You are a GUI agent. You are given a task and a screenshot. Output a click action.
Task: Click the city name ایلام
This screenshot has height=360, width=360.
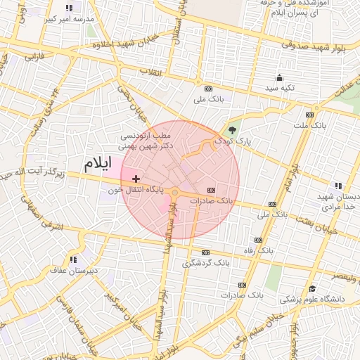pyautogui.click(x=97, y=164)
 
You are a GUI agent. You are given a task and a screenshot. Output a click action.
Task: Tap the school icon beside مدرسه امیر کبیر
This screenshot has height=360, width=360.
pyautogui.click(x=69, y=8)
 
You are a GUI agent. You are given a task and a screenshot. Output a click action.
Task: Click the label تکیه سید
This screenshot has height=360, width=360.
pyautogui.click(x=279, y=88)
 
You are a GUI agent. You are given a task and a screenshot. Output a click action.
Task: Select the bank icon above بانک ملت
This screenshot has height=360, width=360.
pyautogui.click(x=309, y=115)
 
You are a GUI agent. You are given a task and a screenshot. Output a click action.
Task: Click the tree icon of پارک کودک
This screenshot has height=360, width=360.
pyautogui.click(x=233, y=129)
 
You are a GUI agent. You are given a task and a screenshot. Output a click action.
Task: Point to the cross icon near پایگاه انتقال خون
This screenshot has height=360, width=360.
pyautogui.click(x=136, y=179)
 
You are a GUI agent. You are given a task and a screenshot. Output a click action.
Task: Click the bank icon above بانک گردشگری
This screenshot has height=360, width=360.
pyautogui.click(x=206, y=252)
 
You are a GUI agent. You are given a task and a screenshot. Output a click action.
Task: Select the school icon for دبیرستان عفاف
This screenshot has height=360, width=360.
pyautogui.click(x=73, y=259)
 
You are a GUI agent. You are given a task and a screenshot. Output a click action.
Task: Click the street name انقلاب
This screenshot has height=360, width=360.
pyautogui.click(x=150, y=72)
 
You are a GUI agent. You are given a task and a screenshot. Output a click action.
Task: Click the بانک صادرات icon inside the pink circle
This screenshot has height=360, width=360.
pyautogui.click(x=212, y=190)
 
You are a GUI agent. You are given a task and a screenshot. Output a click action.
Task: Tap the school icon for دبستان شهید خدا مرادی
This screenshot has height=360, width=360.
pyautogui.click(x=338, y=186)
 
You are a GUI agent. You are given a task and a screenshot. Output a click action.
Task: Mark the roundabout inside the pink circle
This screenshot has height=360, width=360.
pyautogui.click(x=174, y=191)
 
